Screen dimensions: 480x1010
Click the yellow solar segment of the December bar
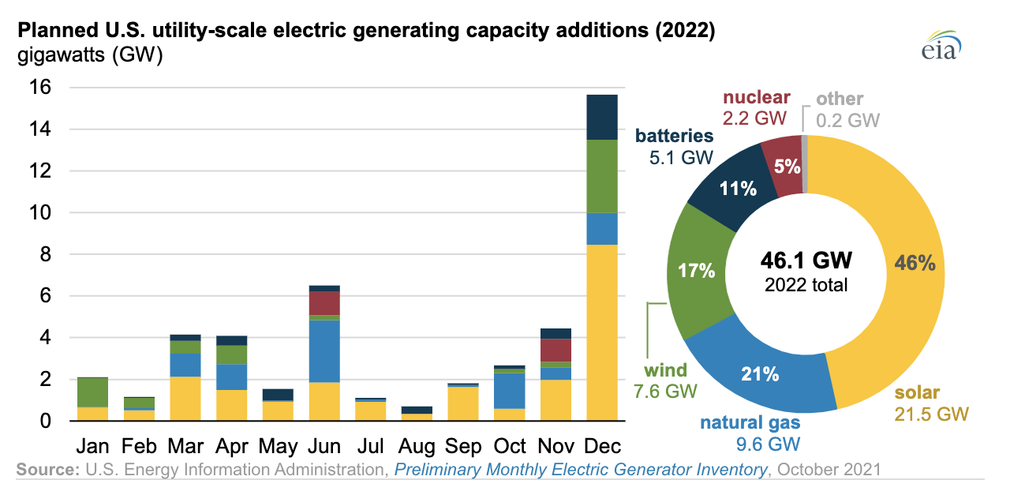pyautogui.click(x=602, y=332)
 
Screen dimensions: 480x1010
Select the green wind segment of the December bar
pyautogui.click(x=602, y=176)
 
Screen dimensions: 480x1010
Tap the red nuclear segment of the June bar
pyautogui.click(x=324, y=303)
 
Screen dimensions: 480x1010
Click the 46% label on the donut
pyautogui.click(x=915, y=264)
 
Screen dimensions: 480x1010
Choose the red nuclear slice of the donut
pyautogui.click(x=781, y=167)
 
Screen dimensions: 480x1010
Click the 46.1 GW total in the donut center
pyautogui.click(x=806, y=261)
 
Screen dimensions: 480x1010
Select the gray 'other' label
pyautogui.click(x=840, y=99)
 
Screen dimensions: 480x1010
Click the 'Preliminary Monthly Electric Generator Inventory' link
pyautogui.click(x=581, y=469)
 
